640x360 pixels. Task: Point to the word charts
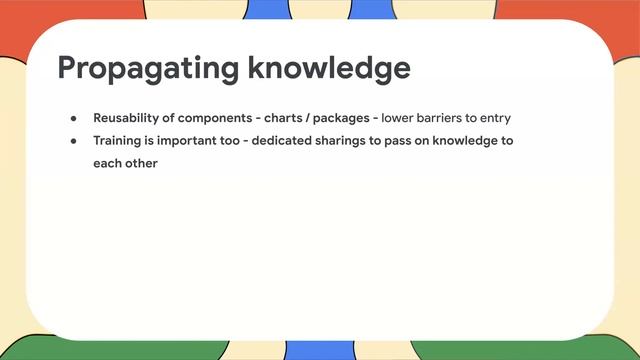[x=284, y=118]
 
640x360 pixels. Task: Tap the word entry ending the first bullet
[x=494, y=118]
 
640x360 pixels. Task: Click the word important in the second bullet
[x=192, y=140]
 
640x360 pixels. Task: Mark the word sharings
[x=346, y=140]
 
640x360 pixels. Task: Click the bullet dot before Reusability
[x=73, y=118]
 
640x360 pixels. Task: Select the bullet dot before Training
[x=73, y=141]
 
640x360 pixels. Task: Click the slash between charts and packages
[x=308, y=118]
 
